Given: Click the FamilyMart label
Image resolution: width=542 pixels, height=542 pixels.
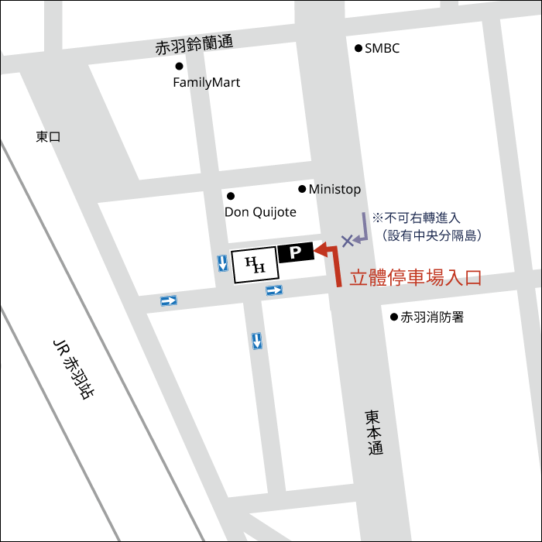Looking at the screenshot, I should (x=206, y=82).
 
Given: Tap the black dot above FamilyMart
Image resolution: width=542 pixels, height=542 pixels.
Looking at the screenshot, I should (x=179, y=67).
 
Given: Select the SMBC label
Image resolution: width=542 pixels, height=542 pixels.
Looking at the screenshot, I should (x=382, y=48).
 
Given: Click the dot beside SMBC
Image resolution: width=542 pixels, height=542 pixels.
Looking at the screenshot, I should (x=358, y=48).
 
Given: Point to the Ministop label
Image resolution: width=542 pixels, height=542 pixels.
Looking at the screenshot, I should (x=334, y=189).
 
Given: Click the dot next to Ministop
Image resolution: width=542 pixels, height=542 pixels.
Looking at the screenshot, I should (x=302, y=189).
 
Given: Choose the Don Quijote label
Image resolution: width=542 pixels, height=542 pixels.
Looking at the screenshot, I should (x=260, y=211).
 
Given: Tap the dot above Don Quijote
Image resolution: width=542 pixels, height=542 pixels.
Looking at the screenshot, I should (x=230, y=196).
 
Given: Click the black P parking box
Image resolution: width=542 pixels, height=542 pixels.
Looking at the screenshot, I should (x=295, y=252).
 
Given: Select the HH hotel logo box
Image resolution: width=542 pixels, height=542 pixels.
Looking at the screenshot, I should (x=255, y=264).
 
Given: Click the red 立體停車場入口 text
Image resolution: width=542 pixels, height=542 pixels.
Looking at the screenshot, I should (x=416, y=278).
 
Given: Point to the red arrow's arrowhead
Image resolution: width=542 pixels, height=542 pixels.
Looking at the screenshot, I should (x=318, y=249).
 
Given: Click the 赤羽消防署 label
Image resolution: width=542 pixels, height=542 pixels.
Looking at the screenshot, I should (x=432, y=317).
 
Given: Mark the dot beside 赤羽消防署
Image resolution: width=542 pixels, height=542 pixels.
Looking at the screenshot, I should (x=393, y=317).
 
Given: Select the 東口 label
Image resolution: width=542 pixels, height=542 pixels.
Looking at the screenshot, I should (x=48, y=137).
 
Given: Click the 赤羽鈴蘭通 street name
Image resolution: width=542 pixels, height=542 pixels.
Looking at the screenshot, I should (x=194, y=45).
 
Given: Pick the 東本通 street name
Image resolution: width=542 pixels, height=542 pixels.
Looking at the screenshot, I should (x=375, y=431).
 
